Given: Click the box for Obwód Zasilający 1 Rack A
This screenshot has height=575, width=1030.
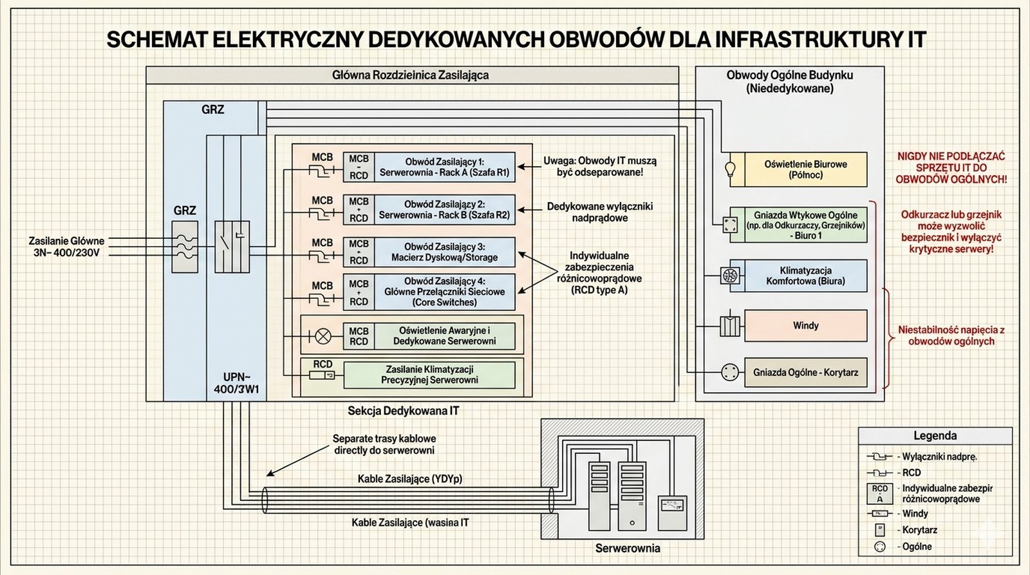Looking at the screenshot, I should [444, 167].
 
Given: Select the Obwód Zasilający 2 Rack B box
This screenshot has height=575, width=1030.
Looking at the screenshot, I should [444, 210].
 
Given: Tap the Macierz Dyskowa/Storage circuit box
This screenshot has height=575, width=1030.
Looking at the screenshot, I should [444, 252].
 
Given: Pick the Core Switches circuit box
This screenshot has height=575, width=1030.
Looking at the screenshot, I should [444, 292].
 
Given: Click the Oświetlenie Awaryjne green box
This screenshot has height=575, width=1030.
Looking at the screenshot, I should [444, 336].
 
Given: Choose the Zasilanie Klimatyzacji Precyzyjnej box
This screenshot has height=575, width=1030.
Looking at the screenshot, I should [429, 375].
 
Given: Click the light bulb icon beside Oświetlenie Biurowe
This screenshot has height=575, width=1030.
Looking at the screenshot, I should [730, 169].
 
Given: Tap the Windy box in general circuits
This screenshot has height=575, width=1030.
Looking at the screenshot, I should [805, 326].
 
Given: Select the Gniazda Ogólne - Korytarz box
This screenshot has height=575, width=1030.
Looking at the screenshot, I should [805, 372].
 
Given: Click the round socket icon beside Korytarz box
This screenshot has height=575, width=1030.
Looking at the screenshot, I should [729, 372].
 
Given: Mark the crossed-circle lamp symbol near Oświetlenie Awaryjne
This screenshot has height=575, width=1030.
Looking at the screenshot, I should [322, 336].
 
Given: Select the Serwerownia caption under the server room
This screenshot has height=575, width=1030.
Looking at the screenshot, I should [627, 549].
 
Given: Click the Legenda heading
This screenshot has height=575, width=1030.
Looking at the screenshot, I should [935, 436].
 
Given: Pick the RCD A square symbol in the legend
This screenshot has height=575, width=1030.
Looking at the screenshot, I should [879, 493].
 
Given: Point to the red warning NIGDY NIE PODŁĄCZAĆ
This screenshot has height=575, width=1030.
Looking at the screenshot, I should [951, 167].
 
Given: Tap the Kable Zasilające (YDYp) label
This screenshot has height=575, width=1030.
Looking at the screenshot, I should [410, 479].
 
